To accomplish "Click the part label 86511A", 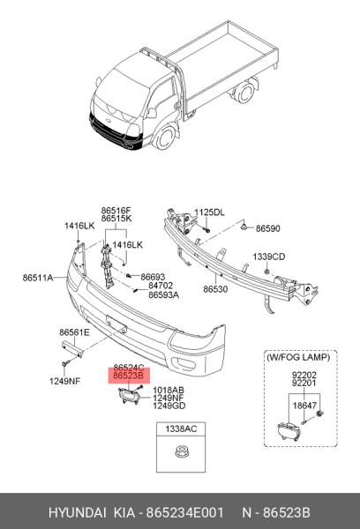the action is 38,278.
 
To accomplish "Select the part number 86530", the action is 215,289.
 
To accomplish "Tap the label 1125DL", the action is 209,212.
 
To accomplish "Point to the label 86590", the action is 268,228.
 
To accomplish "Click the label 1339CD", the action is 269,257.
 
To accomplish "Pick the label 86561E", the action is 75,332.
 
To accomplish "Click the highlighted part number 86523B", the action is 128,376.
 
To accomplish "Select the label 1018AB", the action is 169,391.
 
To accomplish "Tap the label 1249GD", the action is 169,406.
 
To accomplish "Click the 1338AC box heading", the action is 181,429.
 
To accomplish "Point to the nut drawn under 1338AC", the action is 181,451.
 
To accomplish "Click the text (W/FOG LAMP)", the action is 298,357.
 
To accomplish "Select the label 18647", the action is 304,406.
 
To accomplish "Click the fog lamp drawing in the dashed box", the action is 289,432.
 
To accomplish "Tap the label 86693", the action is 153,277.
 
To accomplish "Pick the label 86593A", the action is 164,294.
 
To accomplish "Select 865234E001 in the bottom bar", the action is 184,512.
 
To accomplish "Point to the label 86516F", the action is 116,211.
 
